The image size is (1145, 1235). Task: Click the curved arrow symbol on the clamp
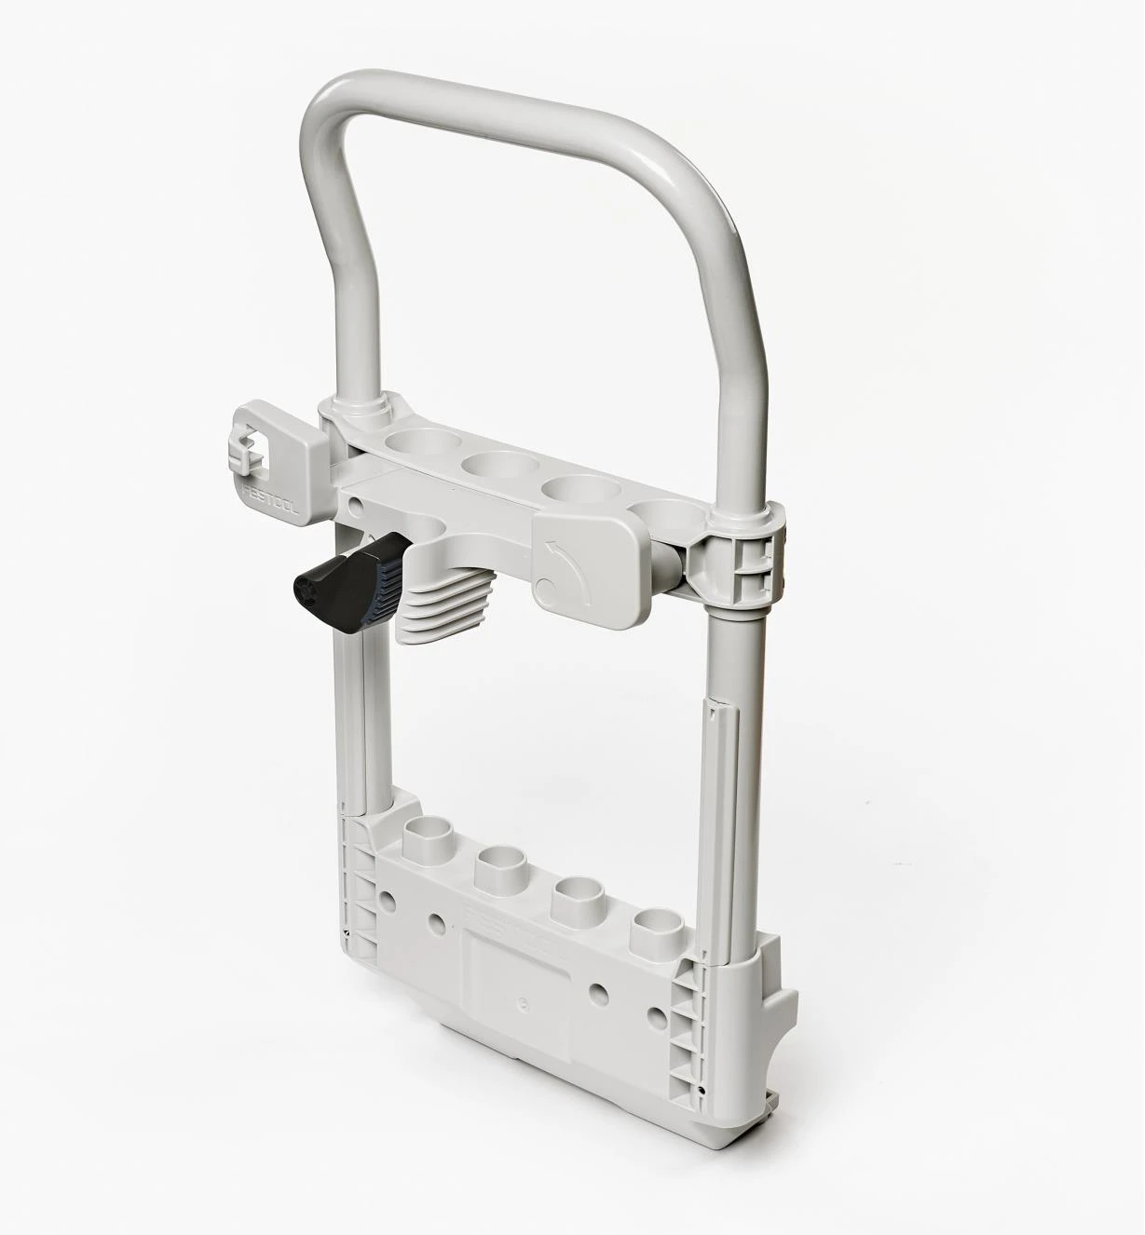point(565,563)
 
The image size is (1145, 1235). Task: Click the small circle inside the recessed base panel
point(522,1004)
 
